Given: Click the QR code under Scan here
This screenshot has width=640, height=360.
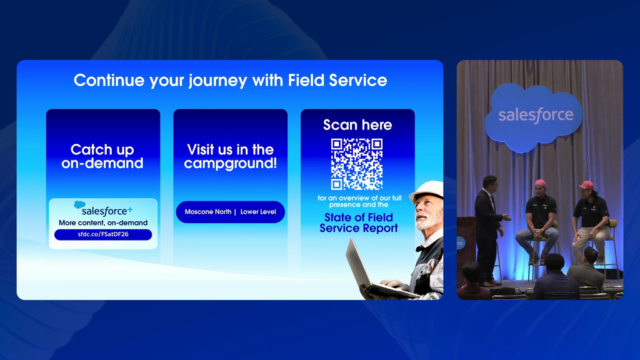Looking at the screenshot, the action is (x=357, y=164).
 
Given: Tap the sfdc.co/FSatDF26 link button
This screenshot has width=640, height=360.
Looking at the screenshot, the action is (x=103, y=234).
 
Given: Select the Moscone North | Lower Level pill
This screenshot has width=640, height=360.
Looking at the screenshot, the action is (x=230, y=212).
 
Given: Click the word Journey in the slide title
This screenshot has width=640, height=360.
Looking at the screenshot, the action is (x=217, y=81).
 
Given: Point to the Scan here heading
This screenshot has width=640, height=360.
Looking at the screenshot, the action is (x=357, y=125).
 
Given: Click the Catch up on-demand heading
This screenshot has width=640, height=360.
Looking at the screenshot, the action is (x=102, y=156).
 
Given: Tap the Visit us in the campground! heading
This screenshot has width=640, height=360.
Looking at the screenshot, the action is (x=230, y=156).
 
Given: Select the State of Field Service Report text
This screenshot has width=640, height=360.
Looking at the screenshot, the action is (x=358, y=223).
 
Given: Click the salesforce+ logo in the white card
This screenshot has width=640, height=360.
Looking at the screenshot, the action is (x=103, y=209).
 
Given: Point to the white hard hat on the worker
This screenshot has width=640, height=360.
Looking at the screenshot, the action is (x=427, y=190).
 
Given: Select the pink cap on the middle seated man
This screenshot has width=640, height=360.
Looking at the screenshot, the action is (x=541, y=184).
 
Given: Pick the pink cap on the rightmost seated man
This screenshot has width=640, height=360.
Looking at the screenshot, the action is (x=586, y=185).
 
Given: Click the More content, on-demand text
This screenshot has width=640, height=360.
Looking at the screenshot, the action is (x=103, y=223).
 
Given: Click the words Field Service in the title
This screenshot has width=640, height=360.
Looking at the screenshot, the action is (x=337, y=81).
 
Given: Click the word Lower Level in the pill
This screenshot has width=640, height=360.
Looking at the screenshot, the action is (x=258, y=212).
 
